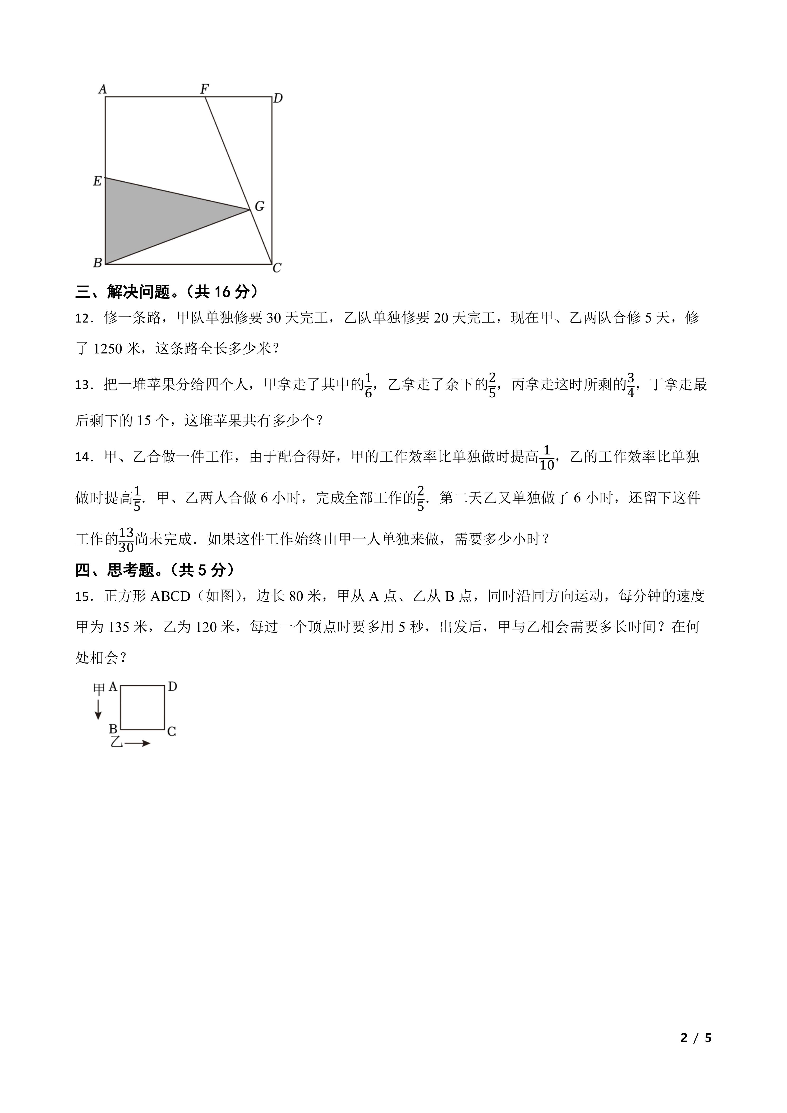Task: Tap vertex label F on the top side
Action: click(205, 89)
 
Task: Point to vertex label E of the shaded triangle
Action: click(97, 181)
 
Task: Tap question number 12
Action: click(83, 319)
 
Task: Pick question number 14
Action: click(83, 457)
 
